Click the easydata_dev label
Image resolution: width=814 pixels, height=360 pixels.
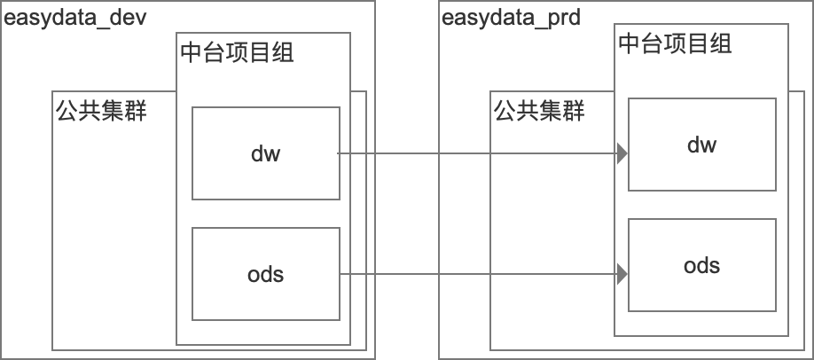click(x=75, y=19)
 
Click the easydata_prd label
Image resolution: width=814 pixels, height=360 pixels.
click(x=511, y=19)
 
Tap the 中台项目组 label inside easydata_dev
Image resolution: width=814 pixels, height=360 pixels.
click(x=238, y=53)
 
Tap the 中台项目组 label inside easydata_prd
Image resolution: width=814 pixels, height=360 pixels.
click(x=676, y=43)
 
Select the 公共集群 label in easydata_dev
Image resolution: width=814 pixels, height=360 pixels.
click(x=102, y=111)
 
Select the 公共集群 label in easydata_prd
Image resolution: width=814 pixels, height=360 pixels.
click(x=539, y=111)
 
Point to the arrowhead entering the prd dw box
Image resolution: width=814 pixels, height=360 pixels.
click(x=622, y=153)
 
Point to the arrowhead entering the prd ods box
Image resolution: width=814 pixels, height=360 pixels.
click(x=622, y=274)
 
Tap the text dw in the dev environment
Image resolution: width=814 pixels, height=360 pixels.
click(x=266, y=153)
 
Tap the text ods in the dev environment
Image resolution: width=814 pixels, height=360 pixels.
click(x=266, y=274)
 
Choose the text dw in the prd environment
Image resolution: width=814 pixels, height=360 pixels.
click(x=702, y=145)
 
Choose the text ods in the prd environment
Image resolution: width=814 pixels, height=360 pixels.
click(x=702, y=265)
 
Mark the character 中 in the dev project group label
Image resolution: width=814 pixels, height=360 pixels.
click(x=192, y=53)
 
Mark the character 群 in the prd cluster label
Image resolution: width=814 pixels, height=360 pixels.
click(x=575, y=111)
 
